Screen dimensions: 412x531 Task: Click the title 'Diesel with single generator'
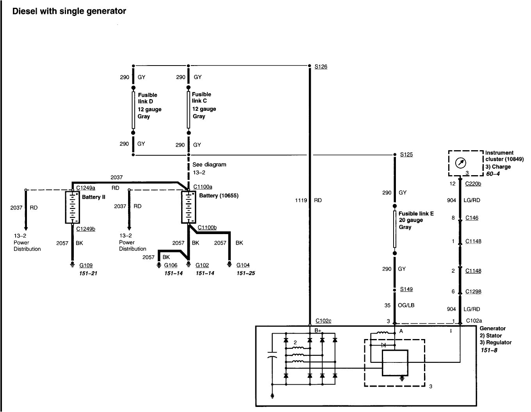click(69, 11)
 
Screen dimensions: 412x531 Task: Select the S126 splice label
click(321, 67)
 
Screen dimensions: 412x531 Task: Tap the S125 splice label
click(406, 154)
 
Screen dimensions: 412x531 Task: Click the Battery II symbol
click(72, 207)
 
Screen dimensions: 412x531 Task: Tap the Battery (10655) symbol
click(189, 207)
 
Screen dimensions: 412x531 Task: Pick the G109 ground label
click(86, 265)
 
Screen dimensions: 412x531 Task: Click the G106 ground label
click(171, 265)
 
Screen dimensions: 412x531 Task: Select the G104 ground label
click(243, 265)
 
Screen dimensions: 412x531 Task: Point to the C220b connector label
click(473, 184)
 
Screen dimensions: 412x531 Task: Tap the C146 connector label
click(472, 218)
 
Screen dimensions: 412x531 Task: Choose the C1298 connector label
click(473, 291)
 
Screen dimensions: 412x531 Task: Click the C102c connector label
click(323, 321)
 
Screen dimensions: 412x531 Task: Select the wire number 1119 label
click(301, 201)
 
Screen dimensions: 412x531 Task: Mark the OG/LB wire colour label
click(406, 305)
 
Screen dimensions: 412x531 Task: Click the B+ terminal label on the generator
click(318, 331)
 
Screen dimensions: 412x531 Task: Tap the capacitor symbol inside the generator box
click(272, 356)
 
